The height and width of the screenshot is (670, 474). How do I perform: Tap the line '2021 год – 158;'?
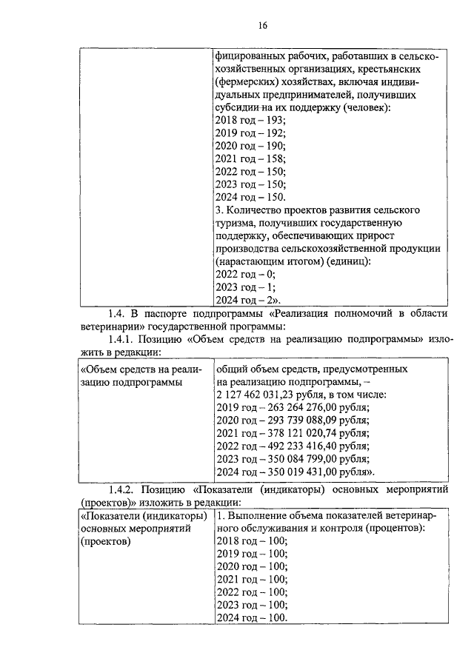point(250,158)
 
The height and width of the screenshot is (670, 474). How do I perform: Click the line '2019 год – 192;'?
point(250,133)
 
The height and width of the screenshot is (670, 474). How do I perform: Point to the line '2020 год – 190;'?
point(250,145)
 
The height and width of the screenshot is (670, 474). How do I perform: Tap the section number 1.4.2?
point(124,490)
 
